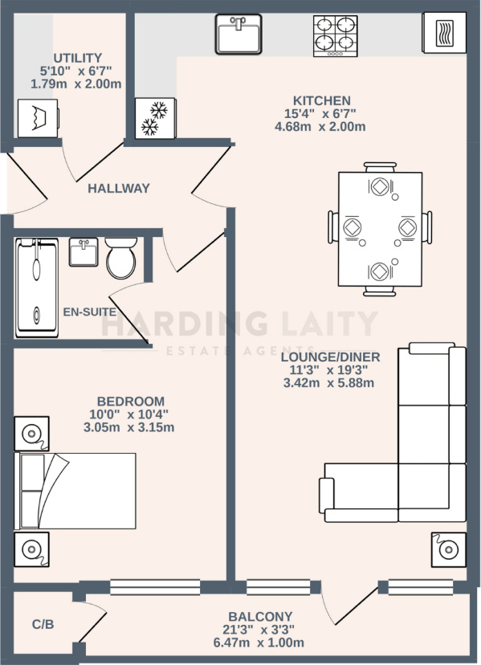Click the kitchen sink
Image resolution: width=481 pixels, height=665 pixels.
pos(238,34)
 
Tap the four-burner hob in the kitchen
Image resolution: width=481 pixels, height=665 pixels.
pos(335,36)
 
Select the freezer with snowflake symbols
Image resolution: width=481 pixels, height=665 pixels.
pos(155,118)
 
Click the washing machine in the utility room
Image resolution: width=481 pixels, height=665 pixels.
pos(39,118)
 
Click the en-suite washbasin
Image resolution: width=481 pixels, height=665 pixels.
pos(84,252)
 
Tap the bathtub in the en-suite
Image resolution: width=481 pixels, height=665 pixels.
pos(37,288)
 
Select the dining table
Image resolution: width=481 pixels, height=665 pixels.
pos(380,229)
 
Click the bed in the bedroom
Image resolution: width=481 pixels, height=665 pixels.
pos(75,491)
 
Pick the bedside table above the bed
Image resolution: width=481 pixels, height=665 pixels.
pos(32,434)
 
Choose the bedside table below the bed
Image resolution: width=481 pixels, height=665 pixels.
pos(32,549)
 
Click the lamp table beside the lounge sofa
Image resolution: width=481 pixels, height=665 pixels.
pos(449,549)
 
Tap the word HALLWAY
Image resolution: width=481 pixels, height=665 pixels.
pos(119,188)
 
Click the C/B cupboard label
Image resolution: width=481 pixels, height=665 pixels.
pos(43,624)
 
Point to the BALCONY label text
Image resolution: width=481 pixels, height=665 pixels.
pos(260,616)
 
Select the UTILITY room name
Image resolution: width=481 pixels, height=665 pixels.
pos(78,58)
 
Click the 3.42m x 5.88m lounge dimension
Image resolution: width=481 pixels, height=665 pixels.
pos(328,383)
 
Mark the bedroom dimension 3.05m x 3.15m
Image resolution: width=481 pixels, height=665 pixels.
pos(129,427)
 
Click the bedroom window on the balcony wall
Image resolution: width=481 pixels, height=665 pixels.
pos(155,587)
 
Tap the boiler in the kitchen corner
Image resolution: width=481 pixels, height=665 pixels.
pos(444,33)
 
